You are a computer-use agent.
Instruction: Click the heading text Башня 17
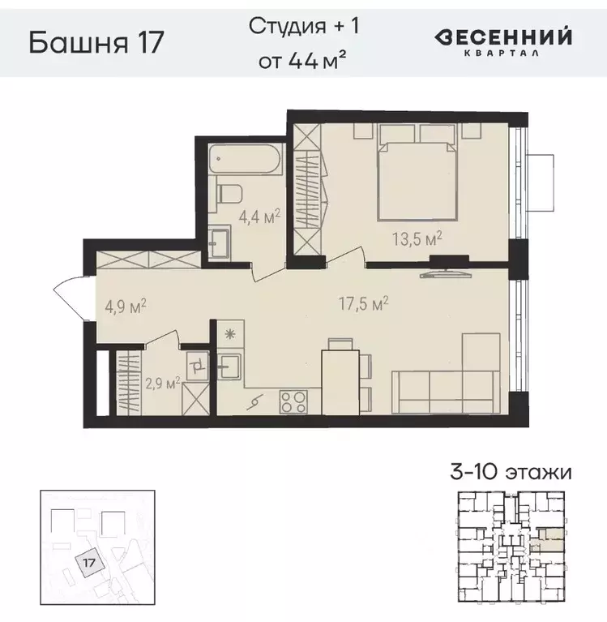tap(96, 42)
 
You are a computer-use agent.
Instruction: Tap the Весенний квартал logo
tap(504, 41)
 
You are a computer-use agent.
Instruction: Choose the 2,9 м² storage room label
tap(160, 382)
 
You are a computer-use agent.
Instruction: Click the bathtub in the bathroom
tap(244, 158)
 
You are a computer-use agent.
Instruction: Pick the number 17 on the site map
tap(90, 559)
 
